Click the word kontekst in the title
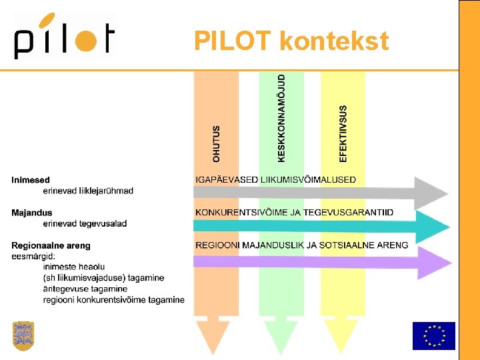click(334, 41)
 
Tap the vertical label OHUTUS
click(216, 143)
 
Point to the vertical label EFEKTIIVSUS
click(343, 133)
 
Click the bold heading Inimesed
click(31, 180)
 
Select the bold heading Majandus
click(32, 213)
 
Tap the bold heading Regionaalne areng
click(51, 245)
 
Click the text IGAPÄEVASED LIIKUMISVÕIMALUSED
click(275, 179)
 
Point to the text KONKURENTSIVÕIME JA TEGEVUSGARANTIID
click(294, 212)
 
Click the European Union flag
click(433, 335)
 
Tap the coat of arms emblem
click(23, 335)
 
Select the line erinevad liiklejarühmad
click(88, 191)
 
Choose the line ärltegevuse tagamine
click(85, 289)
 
